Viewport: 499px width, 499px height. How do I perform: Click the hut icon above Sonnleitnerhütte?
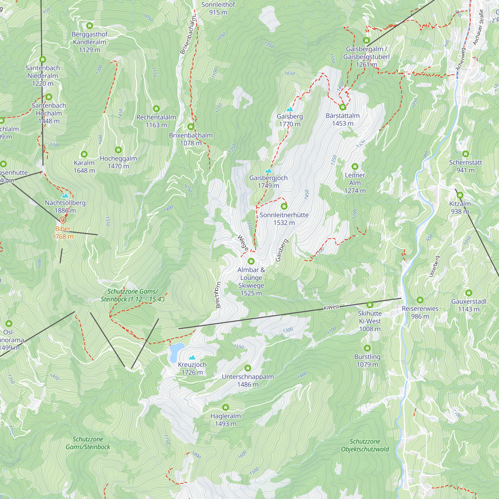click(x=284, y=206)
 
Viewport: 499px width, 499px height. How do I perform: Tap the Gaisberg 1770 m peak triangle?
click(x=290, y=109)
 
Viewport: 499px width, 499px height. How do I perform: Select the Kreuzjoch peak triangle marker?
click(x=192, y=358)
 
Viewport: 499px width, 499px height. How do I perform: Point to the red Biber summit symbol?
click(x=63, y=220)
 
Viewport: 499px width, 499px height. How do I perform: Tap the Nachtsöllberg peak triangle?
click(x=65, y=196)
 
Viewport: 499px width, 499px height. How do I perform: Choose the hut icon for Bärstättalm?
click(x=343, y=107)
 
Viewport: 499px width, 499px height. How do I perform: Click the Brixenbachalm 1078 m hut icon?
click(x=191, y=126)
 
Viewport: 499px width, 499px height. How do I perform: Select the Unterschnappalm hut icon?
click(x=248, y=368)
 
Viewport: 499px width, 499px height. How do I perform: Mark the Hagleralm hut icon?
click(x=226, y=408)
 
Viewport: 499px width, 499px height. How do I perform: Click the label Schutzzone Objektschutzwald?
click(x=365, y=445)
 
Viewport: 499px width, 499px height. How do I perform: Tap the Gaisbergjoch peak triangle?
click(x=269, y=171)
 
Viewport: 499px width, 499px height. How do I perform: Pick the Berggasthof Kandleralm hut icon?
click(x=90, y=25)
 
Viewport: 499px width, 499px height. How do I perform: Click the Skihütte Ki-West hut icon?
click(x=370, y=305)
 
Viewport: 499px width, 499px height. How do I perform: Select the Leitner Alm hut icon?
click(x=355, y=166)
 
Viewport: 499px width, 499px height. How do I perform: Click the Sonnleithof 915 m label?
click(x=218, y=8)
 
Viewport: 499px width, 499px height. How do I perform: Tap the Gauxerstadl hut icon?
click(x=469, y=293)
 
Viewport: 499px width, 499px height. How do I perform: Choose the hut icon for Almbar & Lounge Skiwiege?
click(x=251, y=261)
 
